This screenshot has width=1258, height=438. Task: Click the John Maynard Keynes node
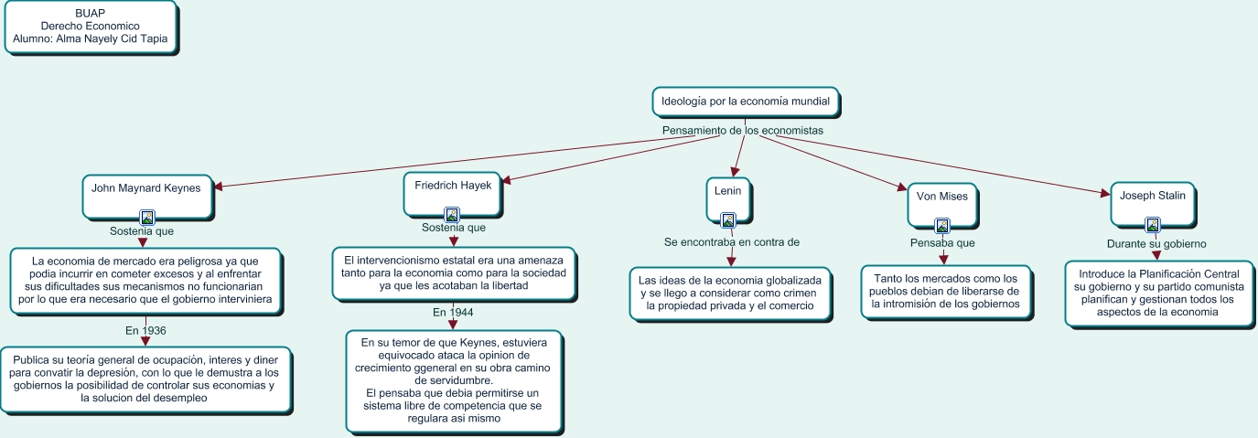147,197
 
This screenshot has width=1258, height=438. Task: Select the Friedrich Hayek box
452,194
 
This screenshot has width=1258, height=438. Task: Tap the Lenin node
728,200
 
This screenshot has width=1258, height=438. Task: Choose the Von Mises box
942,206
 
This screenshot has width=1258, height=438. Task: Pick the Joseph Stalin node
1153,205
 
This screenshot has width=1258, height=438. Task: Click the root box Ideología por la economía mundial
746,102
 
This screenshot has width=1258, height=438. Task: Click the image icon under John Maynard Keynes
147,218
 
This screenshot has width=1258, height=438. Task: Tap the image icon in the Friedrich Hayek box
452,215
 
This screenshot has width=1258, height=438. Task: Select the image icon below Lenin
728,220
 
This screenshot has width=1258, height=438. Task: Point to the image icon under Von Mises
942,226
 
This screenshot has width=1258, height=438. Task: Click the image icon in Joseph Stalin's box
1153,225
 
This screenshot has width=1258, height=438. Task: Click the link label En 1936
145,331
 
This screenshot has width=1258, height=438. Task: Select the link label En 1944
453,312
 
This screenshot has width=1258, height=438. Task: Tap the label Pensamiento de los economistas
742,130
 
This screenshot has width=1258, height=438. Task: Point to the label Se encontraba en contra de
731,242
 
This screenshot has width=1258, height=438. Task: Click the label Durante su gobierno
1156,244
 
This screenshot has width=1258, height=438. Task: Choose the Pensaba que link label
942,242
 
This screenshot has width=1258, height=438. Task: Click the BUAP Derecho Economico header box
91,27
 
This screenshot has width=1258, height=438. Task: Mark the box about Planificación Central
1159,294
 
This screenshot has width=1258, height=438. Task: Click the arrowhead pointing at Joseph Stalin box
1105,194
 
